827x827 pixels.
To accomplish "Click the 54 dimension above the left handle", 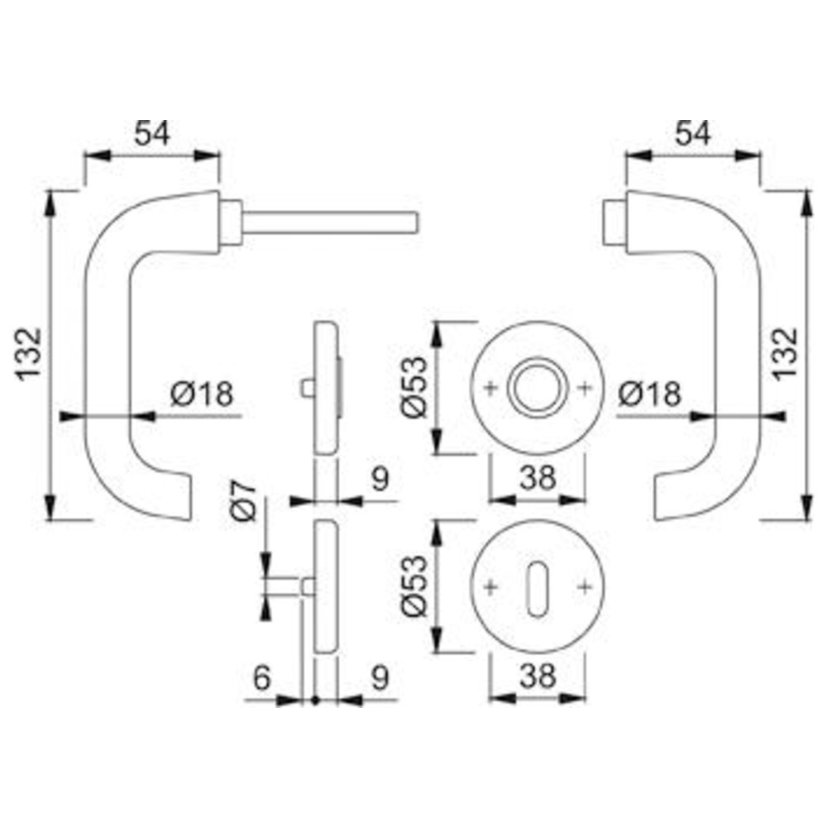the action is [152, 133].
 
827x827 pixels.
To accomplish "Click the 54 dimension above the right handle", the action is [693, 133].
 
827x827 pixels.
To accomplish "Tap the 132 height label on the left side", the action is [28, 354].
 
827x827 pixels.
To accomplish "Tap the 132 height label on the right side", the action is [786, 354].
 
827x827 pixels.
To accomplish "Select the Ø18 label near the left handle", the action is [202, 394].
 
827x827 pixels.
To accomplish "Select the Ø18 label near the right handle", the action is [650, 394].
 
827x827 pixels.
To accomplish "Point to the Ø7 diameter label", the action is [243, 501].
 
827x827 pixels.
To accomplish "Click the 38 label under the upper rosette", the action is [538, 478].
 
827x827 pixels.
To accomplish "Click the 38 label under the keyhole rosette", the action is [538, 676].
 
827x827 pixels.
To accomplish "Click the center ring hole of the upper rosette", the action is [537, 388].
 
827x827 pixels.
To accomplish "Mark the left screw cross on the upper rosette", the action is [490, 388].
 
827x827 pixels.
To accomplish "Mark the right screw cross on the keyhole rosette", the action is [585, 586].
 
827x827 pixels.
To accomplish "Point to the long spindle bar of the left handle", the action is [330, 222].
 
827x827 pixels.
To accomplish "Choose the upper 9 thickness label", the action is [380, 479].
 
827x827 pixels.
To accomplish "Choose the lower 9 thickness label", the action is [380, 676].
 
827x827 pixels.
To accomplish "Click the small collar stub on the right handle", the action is [614, 222].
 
